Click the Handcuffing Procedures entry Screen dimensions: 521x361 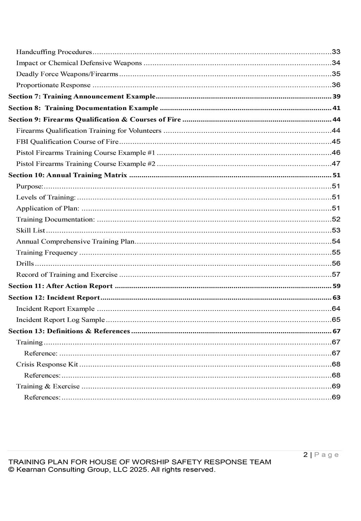coord(54,52)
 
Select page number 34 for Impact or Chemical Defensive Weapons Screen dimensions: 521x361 coord(336,63)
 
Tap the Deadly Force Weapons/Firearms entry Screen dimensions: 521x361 coord(67,74)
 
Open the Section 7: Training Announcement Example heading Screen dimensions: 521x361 coord(82,96)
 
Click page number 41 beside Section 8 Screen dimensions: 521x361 coord(336,108)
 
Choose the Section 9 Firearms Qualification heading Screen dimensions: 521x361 coord(95,120)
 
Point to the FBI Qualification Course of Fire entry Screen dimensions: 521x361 coord(67,142)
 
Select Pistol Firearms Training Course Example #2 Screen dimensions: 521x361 coord(86,164)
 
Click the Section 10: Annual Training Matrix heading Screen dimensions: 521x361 coord(68,175)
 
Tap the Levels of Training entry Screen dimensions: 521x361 coord(46,197)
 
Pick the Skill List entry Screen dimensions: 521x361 coord(31,230)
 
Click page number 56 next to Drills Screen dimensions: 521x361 coord(336,264)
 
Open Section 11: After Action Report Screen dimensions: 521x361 coord(61,286)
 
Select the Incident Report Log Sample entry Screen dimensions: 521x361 coord(60,320)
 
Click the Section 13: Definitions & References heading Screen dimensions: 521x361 coord(69,331)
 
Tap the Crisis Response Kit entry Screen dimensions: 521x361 coord(47,364)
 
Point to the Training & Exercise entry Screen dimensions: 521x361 coord(48,386)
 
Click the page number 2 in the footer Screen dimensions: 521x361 coord(305,455)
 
